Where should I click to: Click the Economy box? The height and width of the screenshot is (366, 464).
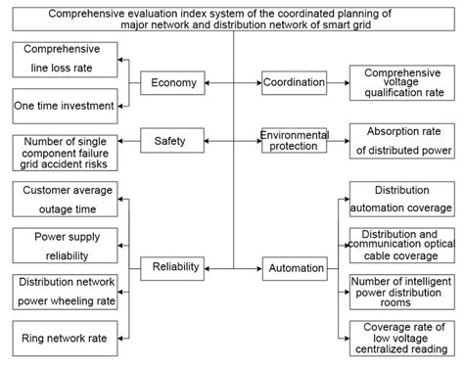click(x=174, y=83)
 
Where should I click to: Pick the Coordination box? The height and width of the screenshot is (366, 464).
click(x=294, y=83)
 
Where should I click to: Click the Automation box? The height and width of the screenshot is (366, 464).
click(x=294, y=267)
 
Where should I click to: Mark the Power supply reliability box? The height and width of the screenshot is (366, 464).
click(x=65, y=246)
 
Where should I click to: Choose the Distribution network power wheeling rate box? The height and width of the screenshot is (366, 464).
click(x=65, y=292)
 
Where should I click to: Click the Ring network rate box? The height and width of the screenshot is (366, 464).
click(x=65, y=339)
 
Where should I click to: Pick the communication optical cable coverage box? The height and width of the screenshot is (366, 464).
click(x=401, y=244)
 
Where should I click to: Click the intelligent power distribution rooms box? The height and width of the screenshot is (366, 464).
click(x=401, y=291)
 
